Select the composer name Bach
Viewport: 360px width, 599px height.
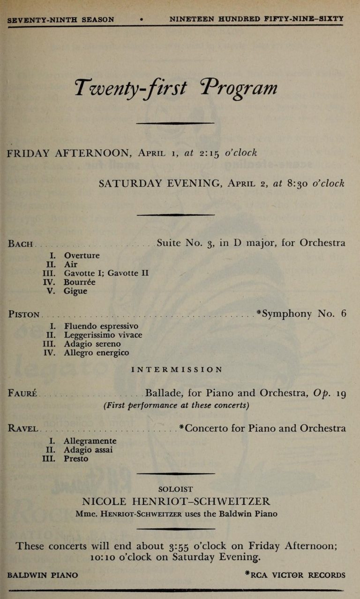click(x=21, y=244)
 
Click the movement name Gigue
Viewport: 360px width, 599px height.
click(x=75, y=291)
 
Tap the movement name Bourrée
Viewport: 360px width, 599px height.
click(x=81, y=282)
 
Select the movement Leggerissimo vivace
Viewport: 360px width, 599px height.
click(x=103, y=335)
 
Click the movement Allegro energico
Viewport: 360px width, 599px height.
click(x=97, y=353)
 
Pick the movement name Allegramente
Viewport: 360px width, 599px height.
click(x=90, y=441)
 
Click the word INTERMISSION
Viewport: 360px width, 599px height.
click(x=177, y=370)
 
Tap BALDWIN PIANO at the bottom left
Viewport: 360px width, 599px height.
click(x=43, y=575)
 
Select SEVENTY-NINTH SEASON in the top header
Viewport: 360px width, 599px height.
click(x=61, y=19)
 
